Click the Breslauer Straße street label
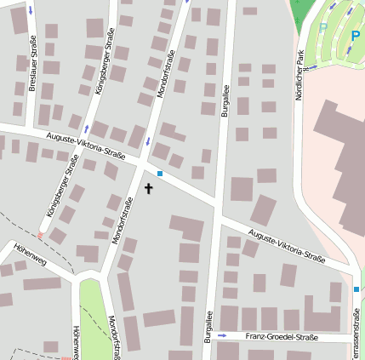click(32, 64)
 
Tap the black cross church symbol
click(148, 189)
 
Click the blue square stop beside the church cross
click(159, 174)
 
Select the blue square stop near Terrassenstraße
click(356, 290)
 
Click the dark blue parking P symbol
click(355, 36)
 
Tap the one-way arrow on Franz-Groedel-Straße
click(223, 336)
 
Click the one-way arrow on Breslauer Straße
click(31, 11)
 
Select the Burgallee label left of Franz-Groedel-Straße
click(207, 327)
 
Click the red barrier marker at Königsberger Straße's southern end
click(40, 236)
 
